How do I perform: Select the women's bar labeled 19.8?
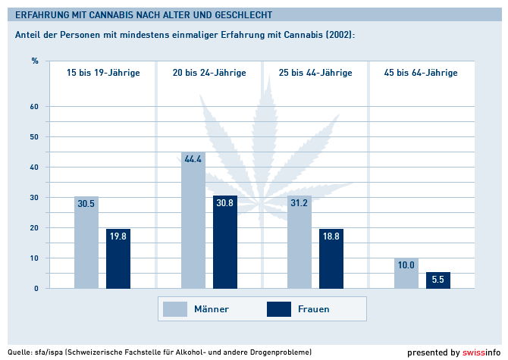coord(118,258)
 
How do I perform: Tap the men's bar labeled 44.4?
coord(193,221)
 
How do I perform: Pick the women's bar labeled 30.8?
coord(225,242)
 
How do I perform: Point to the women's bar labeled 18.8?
coord(331,258)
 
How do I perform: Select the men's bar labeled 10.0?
coord(406,274)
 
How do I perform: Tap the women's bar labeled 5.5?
coord(438,280)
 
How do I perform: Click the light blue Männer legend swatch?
coord(176,308)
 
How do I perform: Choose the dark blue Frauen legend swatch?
coord(281,308)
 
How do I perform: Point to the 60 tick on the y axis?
coord(33,107)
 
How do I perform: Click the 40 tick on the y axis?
coord(33,167)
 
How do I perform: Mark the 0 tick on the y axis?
coord(36,289)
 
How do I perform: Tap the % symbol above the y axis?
coord(35,61)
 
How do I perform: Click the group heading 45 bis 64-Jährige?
coord(421,74)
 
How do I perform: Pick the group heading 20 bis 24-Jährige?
coord(209,74)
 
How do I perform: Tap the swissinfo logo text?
coord(482,352)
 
